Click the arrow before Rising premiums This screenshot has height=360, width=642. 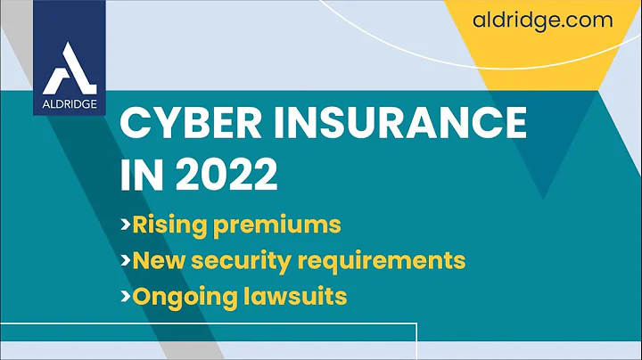point(126,225)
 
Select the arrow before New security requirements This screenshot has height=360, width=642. point(126,261)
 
